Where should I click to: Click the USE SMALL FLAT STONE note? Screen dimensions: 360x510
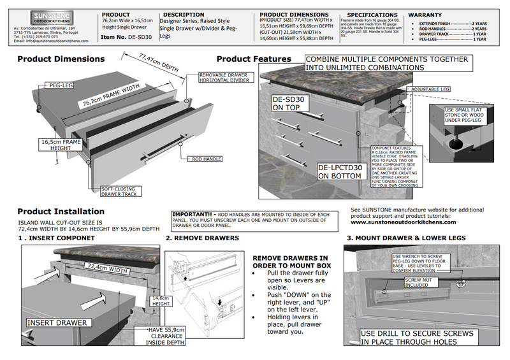pos(467,117)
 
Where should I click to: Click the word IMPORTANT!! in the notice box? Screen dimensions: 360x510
pos(194,215)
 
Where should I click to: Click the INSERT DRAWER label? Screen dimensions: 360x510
pos(57,322)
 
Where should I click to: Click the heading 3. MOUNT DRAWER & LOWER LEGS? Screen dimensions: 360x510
pos(406,238)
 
